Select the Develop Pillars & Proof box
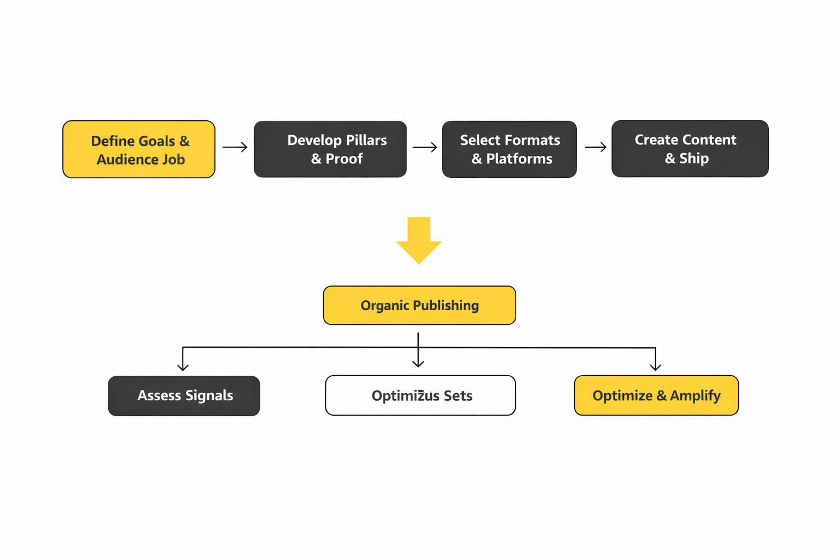tap(330, 149)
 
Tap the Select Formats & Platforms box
tap(509, 149)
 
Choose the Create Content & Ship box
tap(690, 149)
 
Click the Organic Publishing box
tap(419, 305)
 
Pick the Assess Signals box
tap(184, 396)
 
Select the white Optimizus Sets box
tap(420, 395)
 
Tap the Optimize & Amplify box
tap(656, 395)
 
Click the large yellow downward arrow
tap(419, 241)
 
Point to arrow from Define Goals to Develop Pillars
tap(235, 147)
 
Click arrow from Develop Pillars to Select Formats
tap(425, 147)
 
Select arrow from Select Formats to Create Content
tap(596, 147)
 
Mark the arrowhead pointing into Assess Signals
tap(183, 367)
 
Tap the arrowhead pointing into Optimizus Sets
tap(418, 363)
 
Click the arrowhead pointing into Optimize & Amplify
tap(656, 367)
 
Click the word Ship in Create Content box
tap(694, 159)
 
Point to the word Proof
tap(344, 159)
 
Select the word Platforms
tap(519, 159)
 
